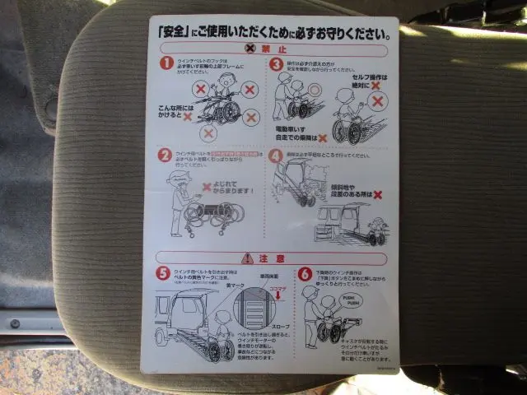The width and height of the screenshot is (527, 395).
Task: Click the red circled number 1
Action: pos(166,63)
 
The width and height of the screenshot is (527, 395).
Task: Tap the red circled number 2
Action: pos(165,154)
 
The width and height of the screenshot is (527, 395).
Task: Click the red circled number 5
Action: pos(164,273)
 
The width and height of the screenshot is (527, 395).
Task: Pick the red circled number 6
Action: pos(305,273)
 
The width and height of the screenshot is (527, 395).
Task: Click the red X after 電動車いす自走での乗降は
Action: pos(322,137)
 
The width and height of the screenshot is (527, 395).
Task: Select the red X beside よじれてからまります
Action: pos(207,187)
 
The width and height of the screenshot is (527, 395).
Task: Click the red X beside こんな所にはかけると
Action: pos(188,117)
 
